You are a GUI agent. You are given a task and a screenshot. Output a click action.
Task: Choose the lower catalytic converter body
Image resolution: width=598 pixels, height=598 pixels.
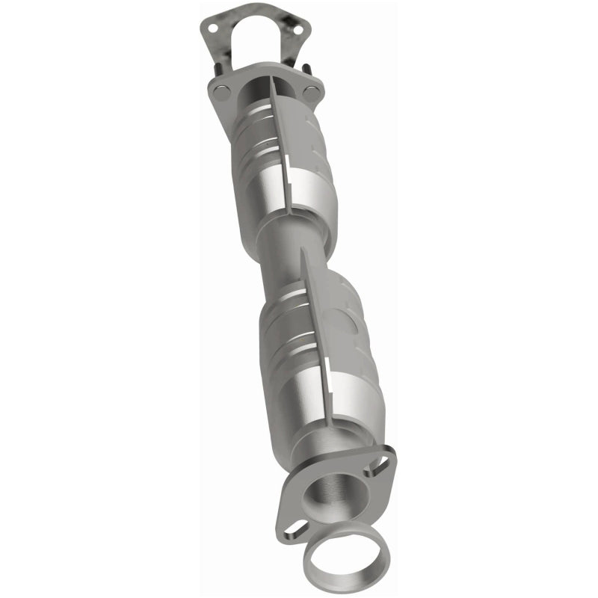pos(314,351)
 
